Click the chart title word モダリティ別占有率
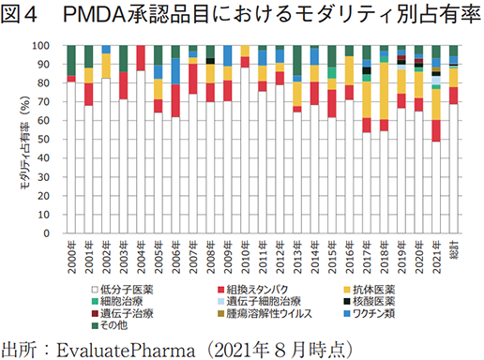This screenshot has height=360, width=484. tap(376, 18)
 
